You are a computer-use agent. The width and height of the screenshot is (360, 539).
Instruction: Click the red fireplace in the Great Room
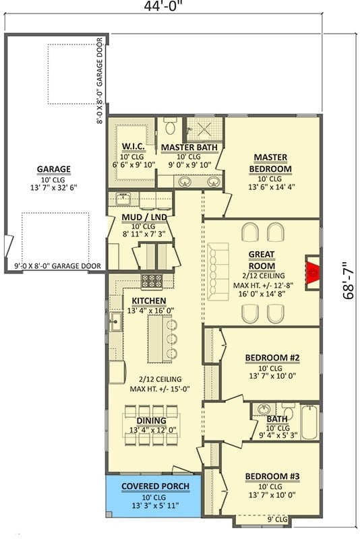tap(312, 272)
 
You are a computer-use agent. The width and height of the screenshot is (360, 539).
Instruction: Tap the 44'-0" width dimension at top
tap(162, 6)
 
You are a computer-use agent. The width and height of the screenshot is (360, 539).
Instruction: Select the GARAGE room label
tap(54, 169)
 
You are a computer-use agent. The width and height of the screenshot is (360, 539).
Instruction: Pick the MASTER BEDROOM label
tap(270, 162)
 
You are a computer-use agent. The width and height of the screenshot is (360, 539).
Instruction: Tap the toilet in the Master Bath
tap(171, 127)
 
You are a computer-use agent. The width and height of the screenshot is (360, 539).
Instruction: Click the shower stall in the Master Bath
tap(204, 130)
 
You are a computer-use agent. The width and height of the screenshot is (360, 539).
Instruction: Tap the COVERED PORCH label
tap(155, 486)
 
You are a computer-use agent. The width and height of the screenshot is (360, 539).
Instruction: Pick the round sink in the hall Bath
tap(264, 410)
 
